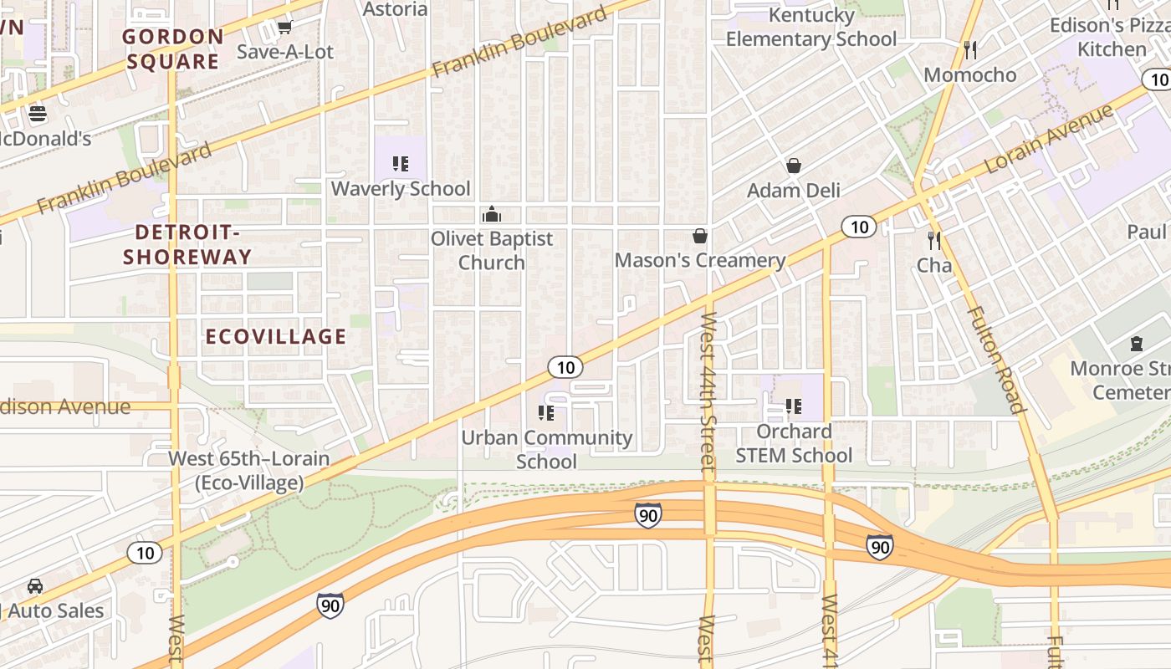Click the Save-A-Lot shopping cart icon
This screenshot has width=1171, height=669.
point(284,28)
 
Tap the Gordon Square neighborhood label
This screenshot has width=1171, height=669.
point(173,49)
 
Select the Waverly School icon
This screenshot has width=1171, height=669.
point(401,164)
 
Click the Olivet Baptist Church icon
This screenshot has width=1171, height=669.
point(492,214)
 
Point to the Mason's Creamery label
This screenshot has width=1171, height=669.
point(700,260)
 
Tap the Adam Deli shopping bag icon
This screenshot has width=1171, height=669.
point(793,166)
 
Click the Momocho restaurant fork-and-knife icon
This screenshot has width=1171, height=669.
point(970,50)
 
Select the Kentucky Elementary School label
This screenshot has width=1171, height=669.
point(810,27)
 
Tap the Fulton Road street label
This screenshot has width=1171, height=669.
point(995,360)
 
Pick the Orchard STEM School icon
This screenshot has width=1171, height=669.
point(793,407)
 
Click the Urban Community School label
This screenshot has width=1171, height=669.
point(547,449)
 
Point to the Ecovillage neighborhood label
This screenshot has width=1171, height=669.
point(275,336)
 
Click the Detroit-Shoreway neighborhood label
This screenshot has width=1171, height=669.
point(187,244)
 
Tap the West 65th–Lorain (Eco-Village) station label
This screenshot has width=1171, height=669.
point(249,470)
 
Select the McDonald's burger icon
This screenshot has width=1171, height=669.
point(37,114)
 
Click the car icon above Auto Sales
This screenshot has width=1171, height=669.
point(35,586)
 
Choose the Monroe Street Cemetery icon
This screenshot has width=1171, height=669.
point(1136,344)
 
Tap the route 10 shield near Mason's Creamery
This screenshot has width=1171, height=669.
point(858,227)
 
